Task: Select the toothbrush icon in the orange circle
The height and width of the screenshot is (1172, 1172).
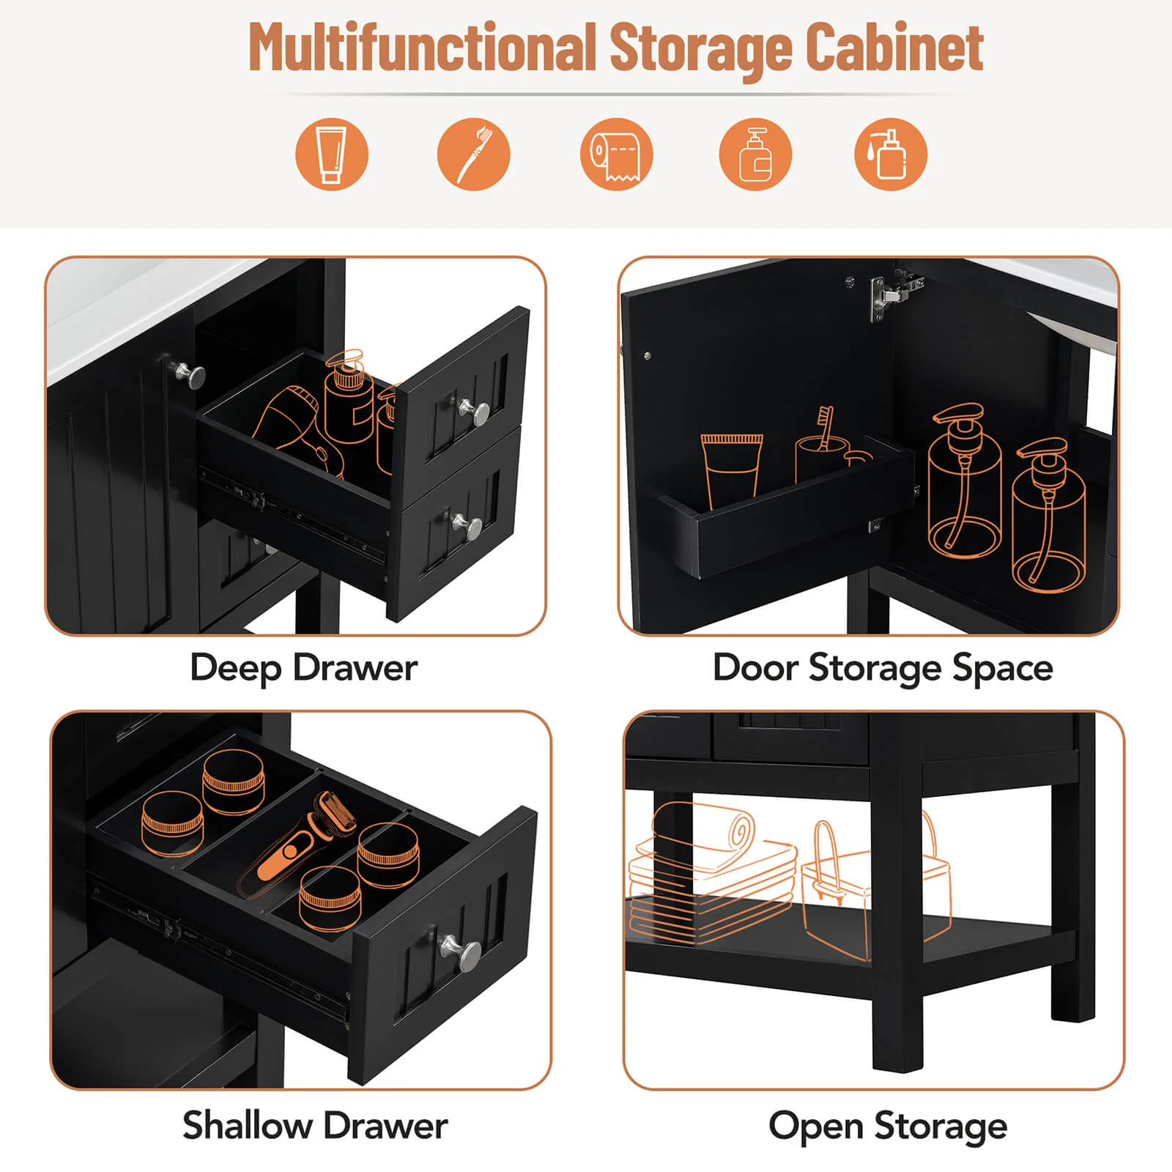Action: [x=473, y=155]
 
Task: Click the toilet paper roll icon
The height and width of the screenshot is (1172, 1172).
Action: [x=616, y=155]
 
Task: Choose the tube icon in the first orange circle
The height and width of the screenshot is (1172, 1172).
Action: [x=331, y=155]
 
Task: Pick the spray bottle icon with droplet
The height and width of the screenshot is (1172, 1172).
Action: [x=891, y=155]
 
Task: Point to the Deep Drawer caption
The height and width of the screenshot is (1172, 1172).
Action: [x=304, y=668]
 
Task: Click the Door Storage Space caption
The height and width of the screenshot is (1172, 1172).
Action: [x=883, y=668]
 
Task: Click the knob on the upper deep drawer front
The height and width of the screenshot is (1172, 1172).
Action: [x=476, y=412]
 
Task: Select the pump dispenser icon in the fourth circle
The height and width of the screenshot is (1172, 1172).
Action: [x=755, y=155]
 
